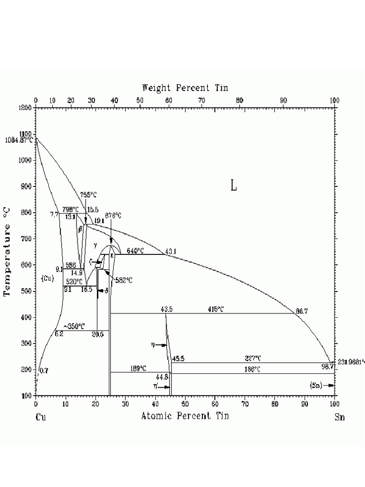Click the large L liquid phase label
coord(233,185)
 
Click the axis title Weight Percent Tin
coord(185,88)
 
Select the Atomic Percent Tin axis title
coord(185,416)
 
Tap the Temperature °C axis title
coord(8,251)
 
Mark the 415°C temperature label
coord(215,309)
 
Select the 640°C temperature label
coord(135,251)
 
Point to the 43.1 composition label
coord(171,251)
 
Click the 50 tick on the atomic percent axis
coord(185,404)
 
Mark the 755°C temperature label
coord(88,194)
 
